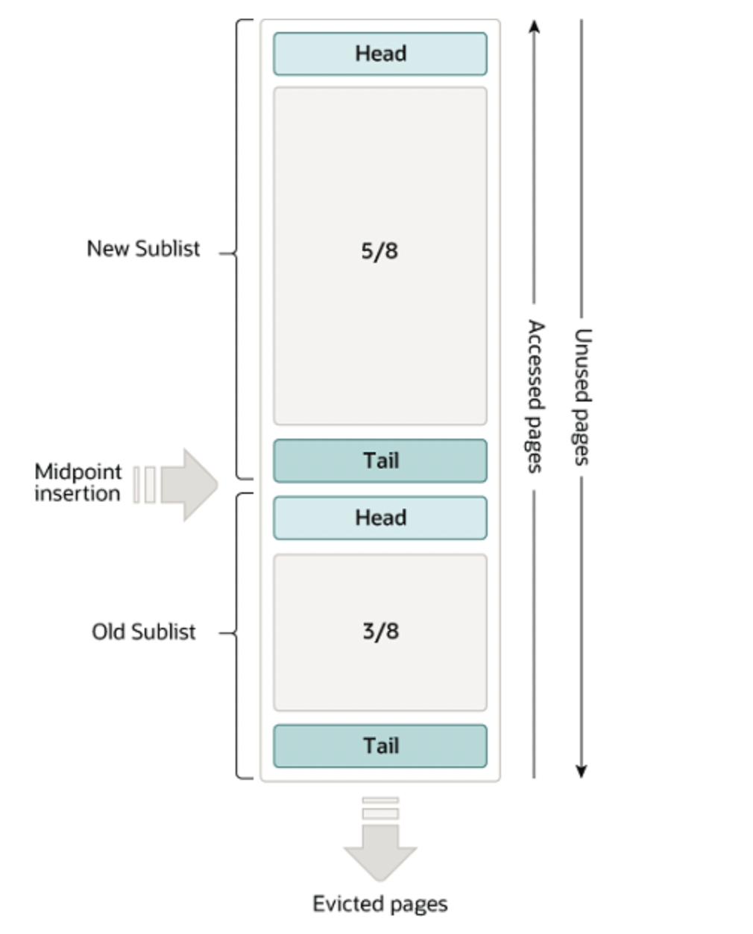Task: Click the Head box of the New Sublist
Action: [x=380, y=54]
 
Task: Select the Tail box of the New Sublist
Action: [x=380, y=460]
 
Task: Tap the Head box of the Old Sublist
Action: [x=380, y=518]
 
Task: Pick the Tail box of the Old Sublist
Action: [x=380, y=746]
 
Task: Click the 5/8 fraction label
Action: [x=379, y=251]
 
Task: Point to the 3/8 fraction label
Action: [x=380, y=632]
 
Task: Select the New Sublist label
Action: [x=143, y=249]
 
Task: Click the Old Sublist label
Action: [x=143, y=632]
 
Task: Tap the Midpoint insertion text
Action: [x=78, y=483]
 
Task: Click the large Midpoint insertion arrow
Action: [x=188, y=485]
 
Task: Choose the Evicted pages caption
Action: [x=379, y=904]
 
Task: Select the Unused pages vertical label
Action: [x=582, y=397]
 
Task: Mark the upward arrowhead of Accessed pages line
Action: [x=534, y=27]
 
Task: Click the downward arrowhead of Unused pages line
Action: [x=582, y=771]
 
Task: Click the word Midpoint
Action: [x=78, y=471]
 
